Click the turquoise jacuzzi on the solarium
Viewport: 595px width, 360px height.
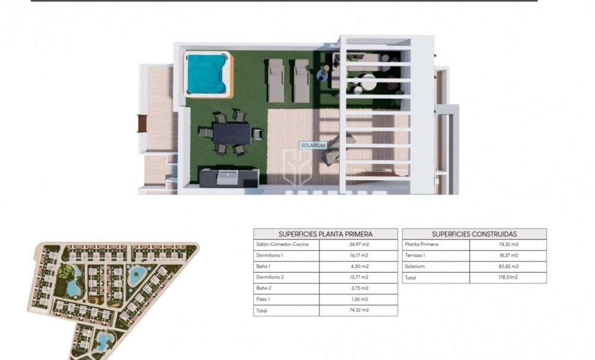point(207,74)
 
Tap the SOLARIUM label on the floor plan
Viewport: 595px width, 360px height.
point(313,144)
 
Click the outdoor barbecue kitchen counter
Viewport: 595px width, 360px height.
point(229,177)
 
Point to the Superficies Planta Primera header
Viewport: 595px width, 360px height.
point(325,234)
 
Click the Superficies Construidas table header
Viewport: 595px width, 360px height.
point(474,234)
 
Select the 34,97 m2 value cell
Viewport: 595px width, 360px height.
point(358,245)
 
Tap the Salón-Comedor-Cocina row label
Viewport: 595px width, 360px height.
point(282,245)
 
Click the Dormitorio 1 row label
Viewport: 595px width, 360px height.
point(270,255)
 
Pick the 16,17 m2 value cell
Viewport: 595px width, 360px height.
point(358,255)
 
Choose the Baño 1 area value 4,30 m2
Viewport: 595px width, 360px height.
point(358,266)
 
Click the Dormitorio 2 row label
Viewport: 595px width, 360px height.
point(270,277)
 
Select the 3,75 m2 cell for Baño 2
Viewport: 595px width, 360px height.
point(358,288)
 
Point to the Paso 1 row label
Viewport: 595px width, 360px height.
point(265,299)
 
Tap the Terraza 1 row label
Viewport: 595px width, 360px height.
point(415,255)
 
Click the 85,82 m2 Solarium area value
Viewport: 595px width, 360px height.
point(508,266)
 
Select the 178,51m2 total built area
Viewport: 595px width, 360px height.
point(508,277)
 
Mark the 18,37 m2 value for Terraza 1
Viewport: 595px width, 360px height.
point(508,255)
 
